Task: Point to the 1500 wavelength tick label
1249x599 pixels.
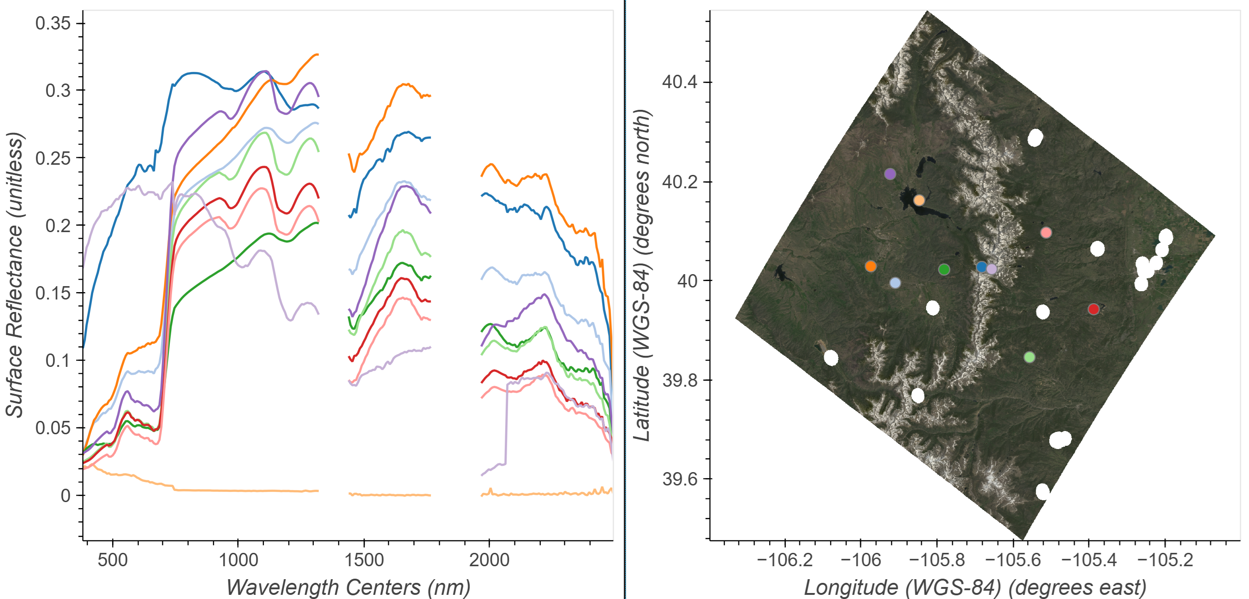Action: (x=364, y=560)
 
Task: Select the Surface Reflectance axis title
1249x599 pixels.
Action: (x=15, y=275)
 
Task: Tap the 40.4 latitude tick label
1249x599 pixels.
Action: (x=680, y=82)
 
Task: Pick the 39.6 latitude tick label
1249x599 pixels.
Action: (x=680, y=479)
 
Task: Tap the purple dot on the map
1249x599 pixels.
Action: (x=890, y=174)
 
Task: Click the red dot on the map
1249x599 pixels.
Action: (x=1094, y=309)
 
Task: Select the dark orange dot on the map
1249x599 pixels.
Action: (x=871, y=266)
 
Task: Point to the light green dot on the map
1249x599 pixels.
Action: (x=1029, y=357)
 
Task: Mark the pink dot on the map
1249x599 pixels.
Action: (x=1046, y=232)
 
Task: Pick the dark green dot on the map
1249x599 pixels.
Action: (x=944, y=269)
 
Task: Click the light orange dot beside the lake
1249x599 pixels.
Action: (x=919, y=200)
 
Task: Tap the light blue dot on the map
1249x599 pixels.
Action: (x=895, y=283)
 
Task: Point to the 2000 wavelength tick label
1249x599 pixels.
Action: (x=489, y=560)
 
